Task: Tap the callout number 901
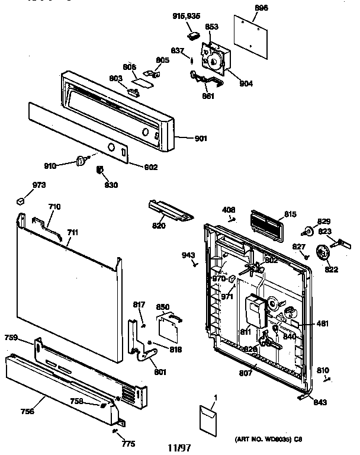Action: (201, 139)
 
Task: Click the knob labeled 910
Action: (81, 160)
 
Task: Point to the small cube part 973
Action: (22, 199)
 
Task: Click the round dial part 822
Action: (323, 254)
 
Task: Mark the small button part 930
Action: (100, 171)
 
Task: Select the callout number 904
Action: (246, 84)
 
